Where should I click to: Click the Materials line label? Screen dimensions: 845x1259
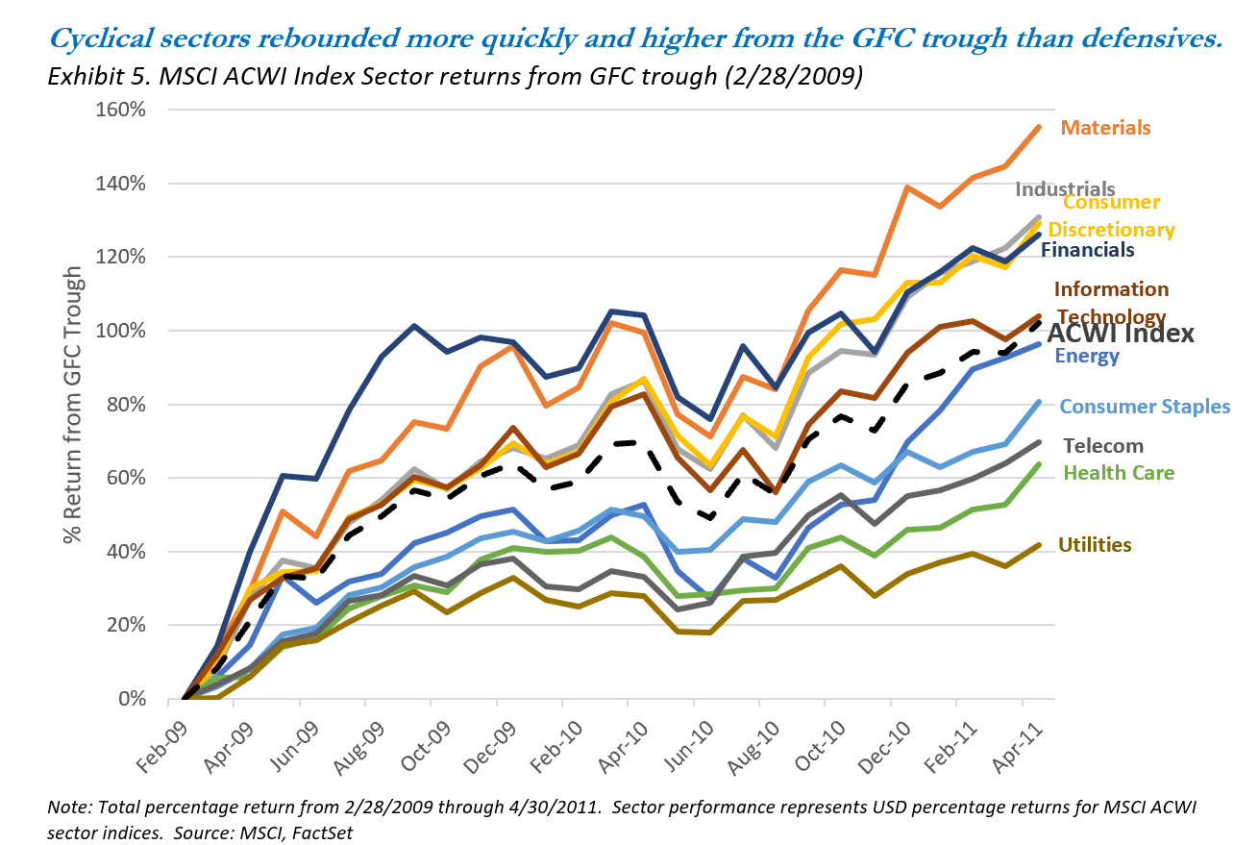click(x=1105, y=128)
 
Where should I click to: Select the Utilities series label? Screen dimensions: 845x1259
click(x=1095, y=545)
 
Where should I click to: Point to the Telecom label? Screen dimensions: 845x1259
click(x=1104, y=445)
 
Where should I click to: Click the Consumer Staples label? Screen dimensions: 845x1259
click(x=1145, y=406)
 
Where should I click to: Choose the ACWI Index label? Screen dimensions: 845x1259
click(x=1120, y=334)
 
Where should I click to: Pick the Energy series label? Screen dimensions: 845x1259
click(x=1087, y=357)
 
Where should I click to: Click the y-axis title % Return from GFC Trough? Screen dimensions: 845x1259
click(x=73, y=411)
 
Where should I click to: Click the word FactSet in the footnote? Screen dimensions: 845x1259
click(x=320, y=832)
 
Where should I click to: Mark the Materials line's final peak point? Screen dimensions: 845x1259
click(x=1038, y=127)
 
